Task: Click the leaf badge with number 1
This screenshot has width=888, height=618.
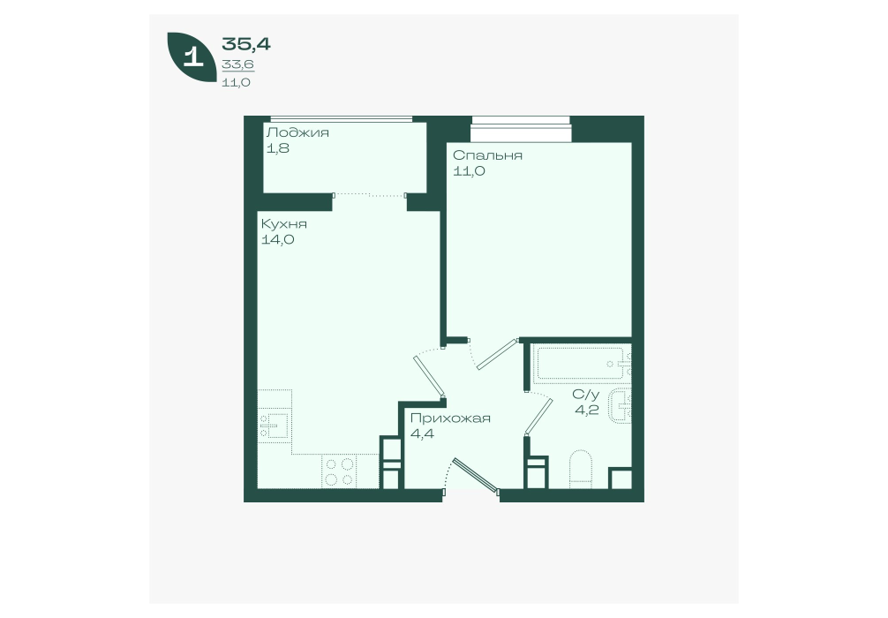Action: (x=192, y=57)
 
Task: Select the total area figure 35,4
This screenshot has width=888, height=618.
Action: (x=246, y=43)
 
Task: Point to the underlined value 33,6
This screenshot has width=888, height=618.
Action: (x=237, y=64)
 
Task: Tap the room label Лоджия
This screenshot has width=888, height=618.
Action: (x=297, y=133)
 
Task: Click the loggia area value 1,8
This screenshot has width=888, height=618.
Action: (x=278, y=148)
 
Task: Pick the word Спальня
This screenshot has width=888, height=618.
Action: (x=487, y=155)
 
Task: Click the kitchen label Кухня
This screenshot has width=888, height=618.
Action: (x=283, y=224)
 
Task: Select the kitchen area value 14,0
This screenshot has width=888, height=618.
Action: (x=277, y=239)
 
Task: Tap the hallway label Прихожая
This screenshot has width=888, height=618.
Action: (x=449, y=418)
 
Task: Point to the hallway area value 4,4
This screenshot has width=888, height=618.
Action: (x=421, y=433)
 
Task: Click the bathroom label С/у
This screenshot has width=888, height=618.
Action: (x=585, y=395)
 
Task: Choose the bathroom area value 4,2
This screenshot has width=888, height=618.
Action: (x=587, y=410)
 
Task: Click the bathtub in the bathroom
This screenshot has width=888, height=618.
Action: (x=583, y=364)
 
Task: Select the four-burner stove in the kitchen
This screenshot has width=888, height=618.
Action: (x=339, y=472)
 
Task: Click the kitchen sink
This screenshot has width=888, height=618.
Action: (x=275, y=424)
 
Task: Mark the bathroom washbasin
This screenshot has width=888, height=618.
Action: (x=621, y=405)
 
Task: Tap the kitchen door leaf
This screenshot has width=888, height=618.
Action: (x=429, y=376)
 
